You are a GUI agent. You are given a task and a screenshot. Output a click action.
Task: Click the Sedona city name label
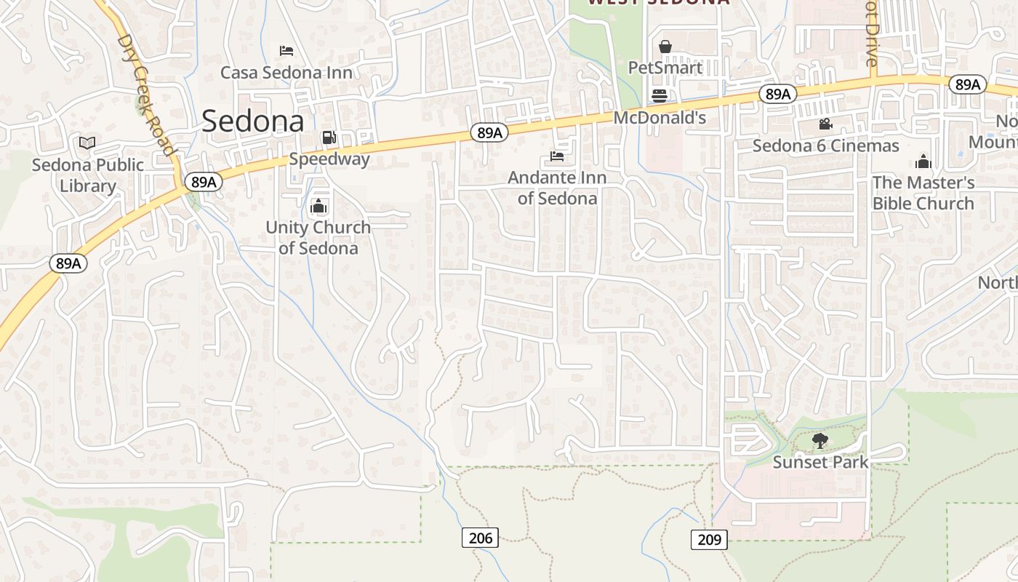[x=252, y=121]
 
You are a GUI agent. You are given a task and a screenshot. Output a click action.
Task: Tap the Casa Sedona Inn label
[x=286, y=73]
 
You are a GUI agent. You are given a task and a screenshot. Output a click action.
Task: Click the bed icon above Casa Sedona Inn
[x=286, y=50]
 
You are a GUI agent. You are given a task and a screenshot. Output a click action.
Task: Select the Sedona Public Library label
[x=88, y=175]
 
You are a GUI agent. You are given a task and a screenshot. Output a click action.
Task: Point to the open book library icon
[x=87, y=143]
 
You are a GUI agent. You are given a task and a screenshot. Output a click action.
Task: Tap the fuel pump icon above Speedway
[x=329, y=137]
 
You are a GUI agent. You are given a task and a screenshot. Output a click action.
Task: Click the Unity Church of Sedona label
[x=318, y=238]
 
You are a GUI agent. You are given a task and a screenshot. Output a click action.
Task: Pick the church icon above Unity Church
[x=318, y=207]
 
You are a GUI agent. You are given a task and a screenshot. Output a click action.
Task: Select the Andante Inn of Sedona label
[x=557, y=188]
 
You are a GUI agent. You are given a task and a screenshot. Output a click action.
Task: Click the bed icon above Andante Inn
[x=557, y=156]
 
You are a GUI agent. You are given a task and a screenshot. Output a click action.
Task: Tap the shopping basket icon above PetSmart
[x=665, y=47]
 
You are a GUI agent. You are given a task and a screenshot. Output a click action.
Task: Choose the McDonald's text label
[x=660, y=118]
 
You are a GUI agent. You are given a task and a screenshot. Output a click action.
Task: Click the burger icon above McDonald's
[x=660, y=95]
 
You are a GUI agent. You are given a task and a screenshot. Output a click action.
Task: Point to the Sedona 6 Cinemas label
[x=825, y=145]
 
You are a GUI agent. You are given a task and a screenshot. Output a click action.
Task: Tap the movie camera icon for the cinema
[x=825, y=124]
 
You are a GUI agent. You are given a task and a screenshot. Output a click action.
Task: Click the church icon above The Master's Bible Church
[x=923, y=161]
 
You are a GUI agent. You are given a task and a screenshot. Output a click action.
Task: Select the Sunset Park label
[x=820, y=462]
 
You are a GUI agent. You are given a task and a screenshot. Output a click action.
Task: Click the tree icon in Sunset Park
[x=820, y=440]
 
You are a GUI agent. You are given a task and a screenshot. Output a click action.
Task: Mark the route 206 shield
[x=480, y=538]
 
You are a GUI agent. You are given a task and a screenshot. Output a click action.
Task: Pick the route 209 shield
[x=708, y=539]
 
